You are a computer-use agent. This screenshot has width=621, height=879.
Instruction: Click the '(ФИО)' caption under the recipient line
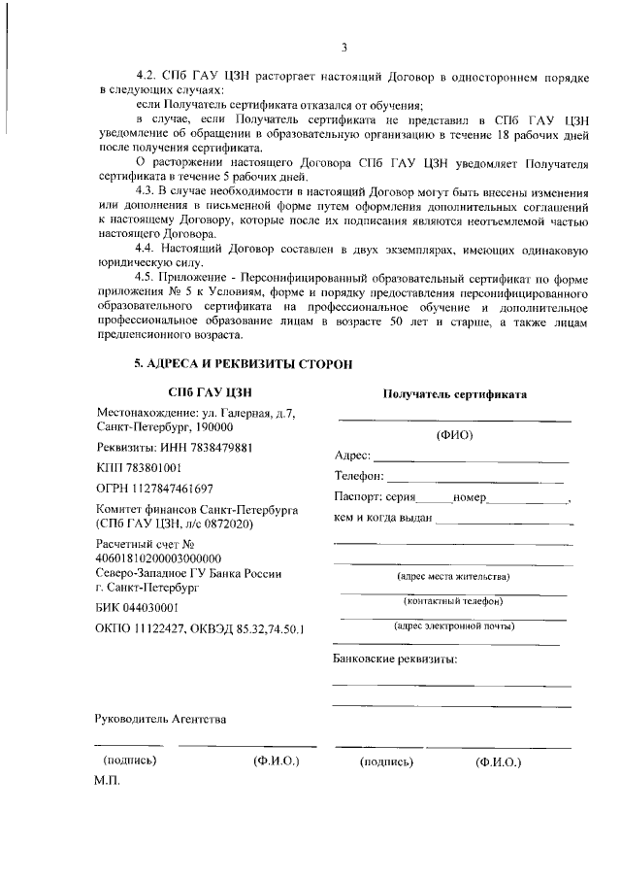point(454,434)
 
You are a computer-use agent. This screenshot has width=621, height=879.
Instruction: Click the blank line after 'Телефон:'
point(475,480)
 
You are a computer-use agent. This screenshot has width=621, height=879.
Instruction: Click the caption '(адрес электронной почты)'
point(454,625)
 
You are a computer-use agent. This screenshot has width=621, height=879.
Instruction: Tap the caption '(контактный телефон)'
point(454,601)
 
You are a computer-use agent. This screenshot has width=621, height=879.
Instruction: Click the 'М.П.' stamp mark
point(106,781)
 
